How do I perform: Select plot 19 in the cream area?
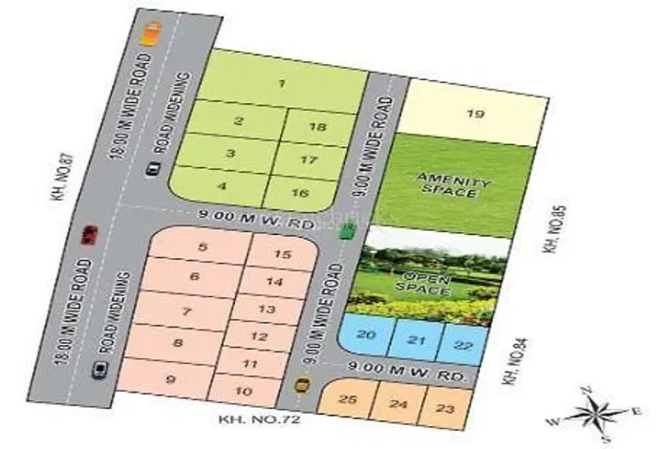(x=476, y=115)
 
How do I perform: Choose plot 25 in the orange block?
(x=349, y=398)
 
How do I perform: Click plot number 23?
(x=445, y=408)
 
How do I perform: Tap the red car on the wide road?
(x=90, y=234)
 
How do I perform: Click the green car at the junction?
(x=347, y=230)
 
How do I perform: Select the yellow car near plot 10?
(x=302, y=385)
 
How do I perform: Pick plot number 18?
(x=319, y=128)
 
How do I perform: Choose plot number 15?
(x=281, y=254)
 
